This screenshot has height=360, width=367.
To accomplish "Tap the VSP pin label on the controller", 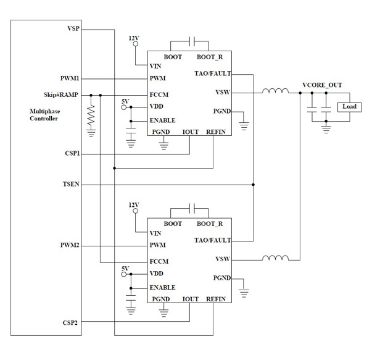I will point(73,29).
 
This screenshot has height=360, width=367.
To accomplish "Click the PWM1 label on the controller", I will point(69,78).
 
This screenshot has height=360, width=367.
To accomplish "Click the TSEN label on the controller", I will point(71,184).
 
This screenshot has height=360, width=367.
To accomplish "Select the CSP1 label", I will point(71,153).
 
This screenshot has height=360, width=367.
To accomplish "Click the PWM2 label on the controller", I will point(69,245).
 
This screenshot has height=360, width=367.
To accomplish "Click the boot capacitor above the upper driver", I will point(193,41).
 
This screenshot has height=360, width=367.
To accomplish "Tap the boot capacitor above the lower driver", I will point(193,207).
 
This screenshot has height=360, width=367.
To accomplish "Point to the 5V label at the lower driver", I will point(125,268).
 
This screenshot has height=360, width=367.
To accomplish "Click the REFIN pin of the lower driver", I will point(215,299).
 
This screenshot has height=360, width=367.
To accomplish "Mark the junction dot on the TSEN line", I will point(253,184).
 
